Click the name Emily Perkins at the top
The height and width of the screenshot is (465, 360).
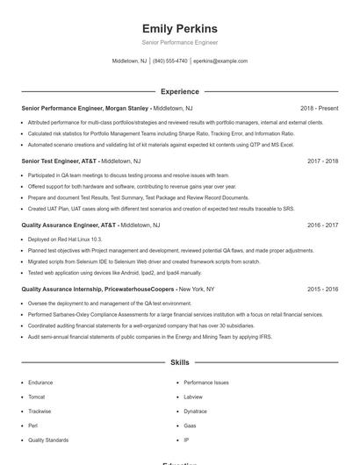coord(179,29)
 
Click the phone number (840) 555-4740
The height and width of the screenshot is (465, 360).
coord(170,61)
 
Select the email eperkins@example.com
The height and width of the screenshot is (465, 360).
coord(220,61)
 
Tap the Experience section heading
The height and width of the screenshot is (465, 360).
coord(179,91)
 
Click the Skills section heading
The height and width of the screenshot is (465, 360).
coord(179,361)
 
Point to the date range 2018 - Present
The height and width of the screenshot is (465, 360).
coord(319,108)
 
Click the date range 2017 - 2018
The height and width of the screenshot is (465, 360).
coord(323,161)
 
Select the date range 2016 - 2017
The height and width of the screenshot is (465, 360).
coord(323,225)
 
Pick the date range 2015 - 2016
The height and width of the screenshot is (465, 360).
coord(323,289)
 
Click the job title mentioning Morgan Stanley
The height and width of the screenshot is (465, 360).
coord(85,108)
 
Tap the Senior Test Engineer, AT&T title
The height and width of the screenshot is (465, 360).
coord(59,161)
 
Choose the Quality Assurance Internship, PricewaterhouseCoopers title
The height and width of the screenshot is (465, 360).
coord(97,289)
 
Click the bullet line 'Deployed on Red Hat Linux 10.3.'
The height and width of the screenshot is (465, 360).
coord(65,239)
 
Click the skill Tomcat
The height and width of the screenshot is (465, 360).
coord(36,397)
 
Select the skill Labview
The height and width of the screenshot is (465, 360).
coord(193,397)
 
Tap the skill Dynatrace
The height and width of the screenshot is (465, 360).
coord(196,411)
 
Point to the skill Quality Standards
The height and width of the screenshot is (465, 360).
coord(48,440)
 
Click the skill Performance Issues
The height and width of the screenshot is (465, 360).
coord(206,383)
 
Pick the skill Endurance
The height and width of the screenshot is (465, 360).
coord(40,383)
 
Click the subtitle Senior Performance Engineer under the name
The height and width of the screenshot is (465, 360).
coord(179,42)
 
